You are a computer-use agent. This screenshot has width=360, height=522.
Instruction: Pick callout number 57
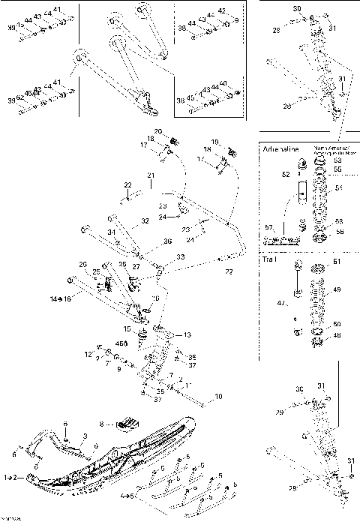(x=268, y=226)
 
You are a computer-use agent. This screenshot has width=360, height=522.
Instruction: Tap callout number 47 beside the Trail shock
(x=281, y=302)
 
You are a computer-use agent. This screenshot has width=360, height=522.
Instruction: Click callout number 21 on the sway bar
(x=150, y=175)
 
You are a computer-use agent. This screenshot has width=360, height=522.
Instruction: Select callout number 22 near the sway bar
(x=127, y=184)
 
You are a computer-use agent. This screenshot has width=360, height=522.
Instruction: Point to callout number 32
(x=145, y=221)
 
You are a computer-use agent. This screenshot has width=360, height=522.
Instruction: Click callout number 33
(x=180, y=257)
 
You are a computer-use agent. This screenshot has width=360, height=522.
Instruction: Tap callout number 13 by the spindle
(x=187, y=334)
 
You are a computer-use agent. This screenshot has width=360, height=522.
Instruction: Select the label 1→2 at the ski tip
(x=12, y=477)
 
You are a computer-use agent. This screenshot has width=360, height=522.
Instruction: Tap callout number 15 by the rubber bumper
(x=127, y=328)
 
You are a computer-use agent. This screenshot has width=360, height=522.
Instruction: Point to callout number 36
(x=167, y=241)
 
